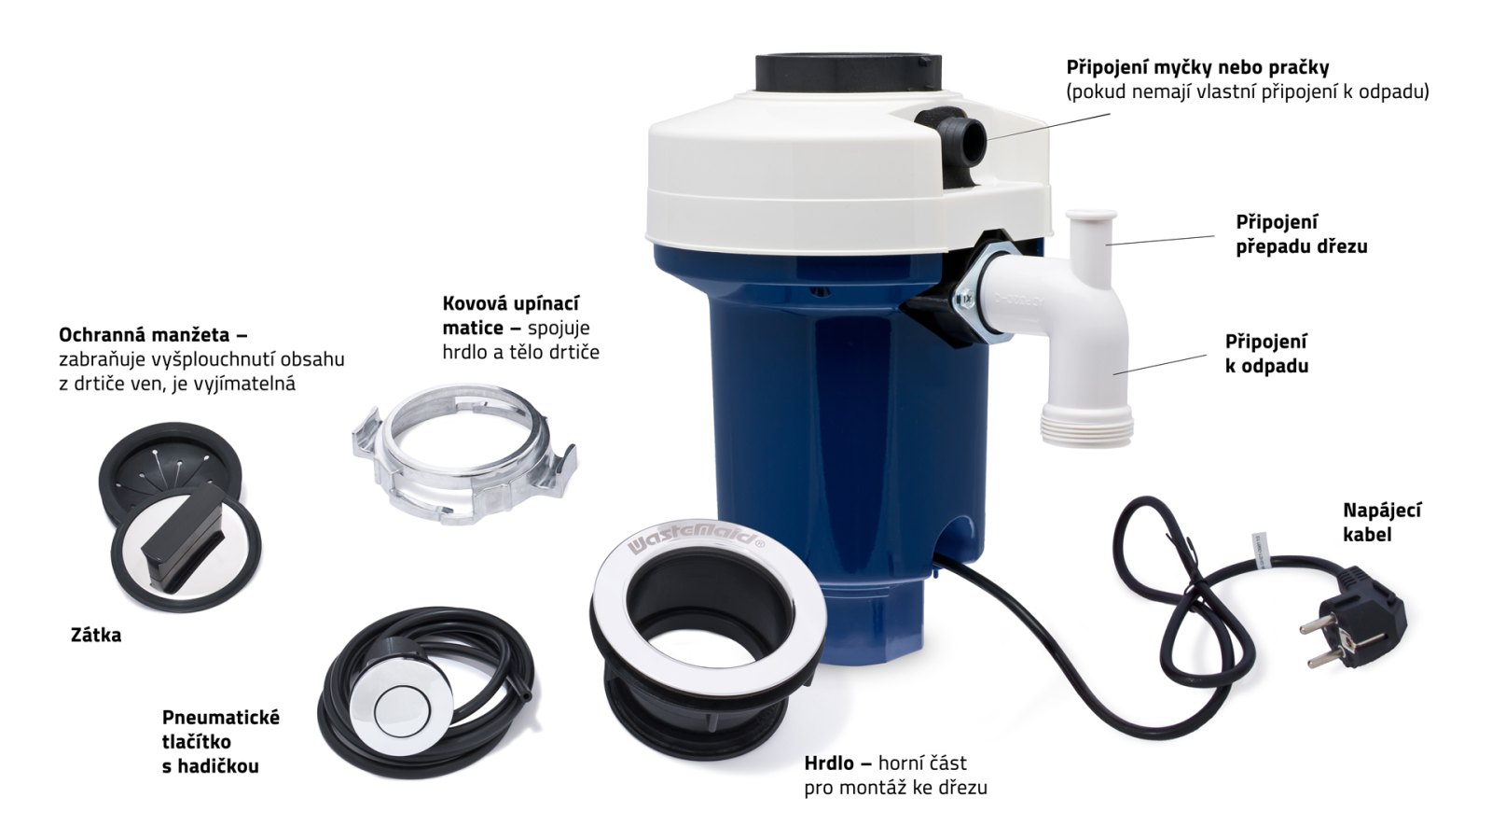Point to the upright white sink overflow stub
pos(1090,240)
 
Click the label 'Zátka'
pos(96,636)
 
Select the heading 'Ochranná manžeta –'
pos(153,334)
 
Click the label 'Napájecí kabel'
pos(1382,523)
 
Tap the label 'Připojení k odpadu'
pos(1266,354)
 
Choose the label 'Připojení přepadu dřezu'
pos(1302,234)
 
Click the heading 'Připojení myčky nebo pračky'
pos(1197,67)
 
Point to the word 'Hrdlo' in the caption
pos(829,763)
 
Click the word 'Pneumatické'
pos(221,718)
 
